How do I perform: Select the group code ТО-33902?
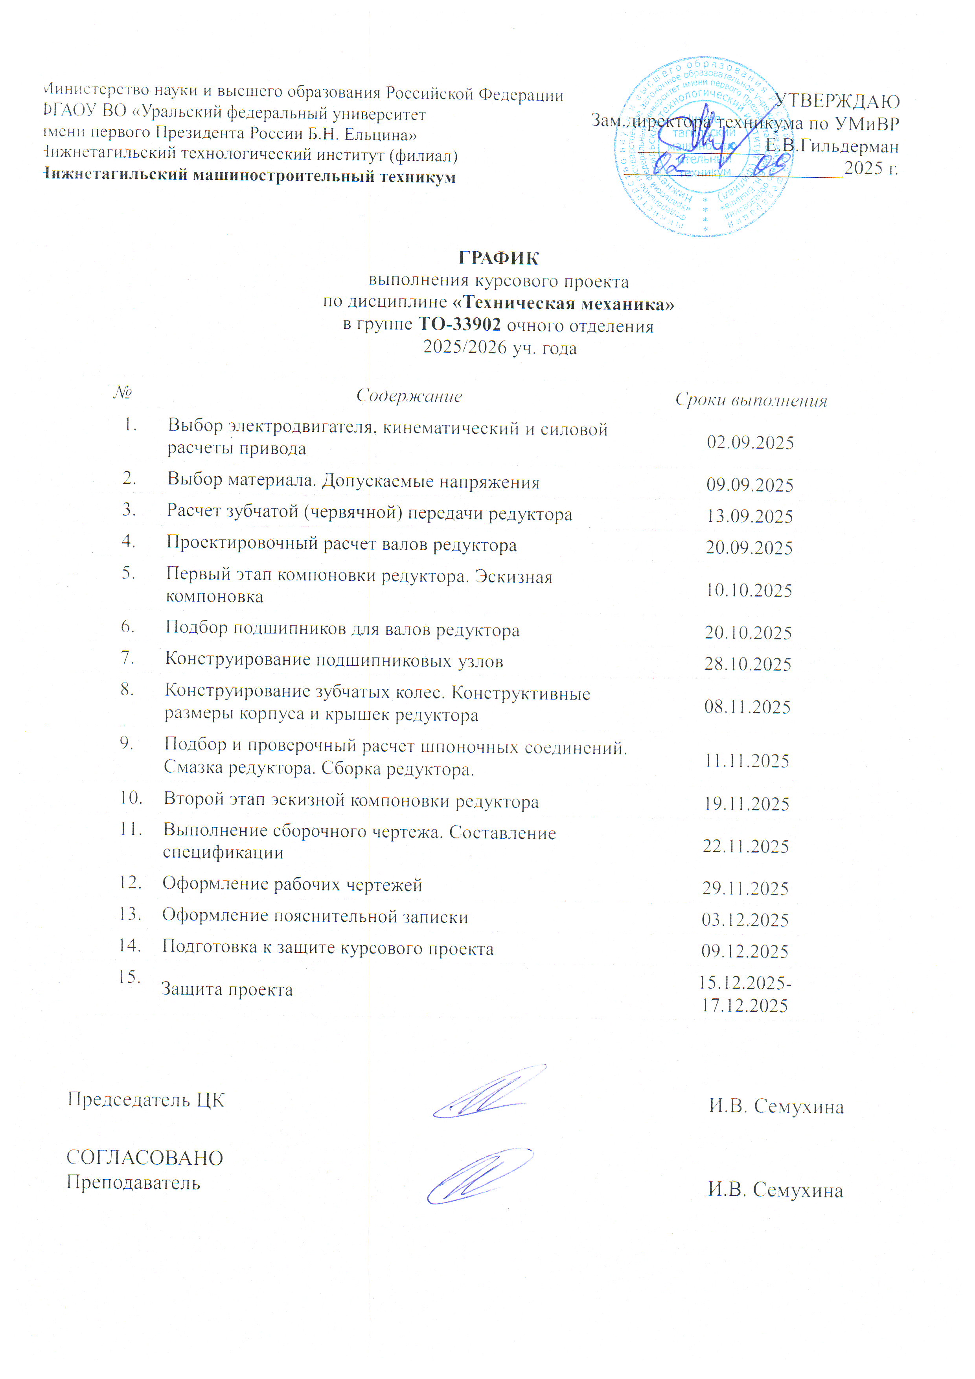[x=459, y=325]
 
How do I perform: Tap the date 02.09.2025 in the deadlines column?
[x=750, y=443]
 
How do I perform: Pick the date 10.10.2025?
[x=749, y=590]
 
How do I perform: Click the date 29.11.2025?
[x=745, y=888]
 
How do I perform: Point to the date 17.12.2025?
[x=745, y=1005]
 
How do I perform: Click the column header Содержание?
[x=409, y=396]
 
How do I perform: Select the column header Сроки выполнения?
[x=751, y=400]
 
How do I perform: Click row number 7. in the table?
[x=127, y=658]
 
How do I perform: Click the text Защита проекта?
[x=227, y=989]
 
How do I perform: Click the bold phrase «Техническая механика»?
[x=563, y=304]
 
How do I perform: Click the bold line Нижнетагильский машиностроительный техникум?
[x=250, y=177]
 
